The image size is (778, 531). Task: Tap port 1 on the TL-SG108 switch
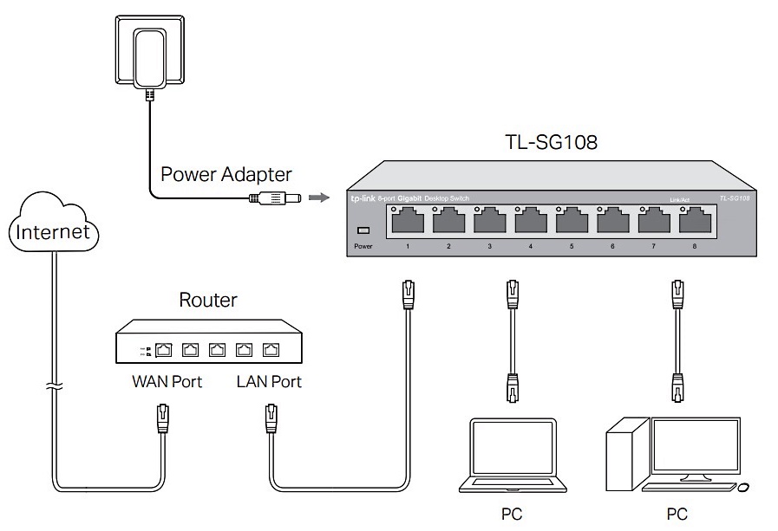coord(407,222)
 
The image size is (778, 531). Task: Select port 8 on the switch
coord(694,222)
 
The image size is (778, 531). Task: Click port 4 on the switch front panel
coord(530,222)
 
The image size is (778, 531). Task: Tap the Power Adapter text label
coord(226,173)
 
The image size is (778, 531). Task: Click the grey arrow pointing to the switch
coord(320,198)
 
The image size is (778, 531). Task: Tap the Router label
coord(207,301)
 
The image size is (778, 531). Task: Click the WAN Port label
coord(167,381)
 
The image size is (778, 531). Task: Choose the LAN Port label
coord(269,381)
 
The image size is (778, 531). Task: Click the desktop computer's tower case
coord(626,455)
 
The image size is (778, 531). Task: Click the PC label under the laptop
coord(512,515)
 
